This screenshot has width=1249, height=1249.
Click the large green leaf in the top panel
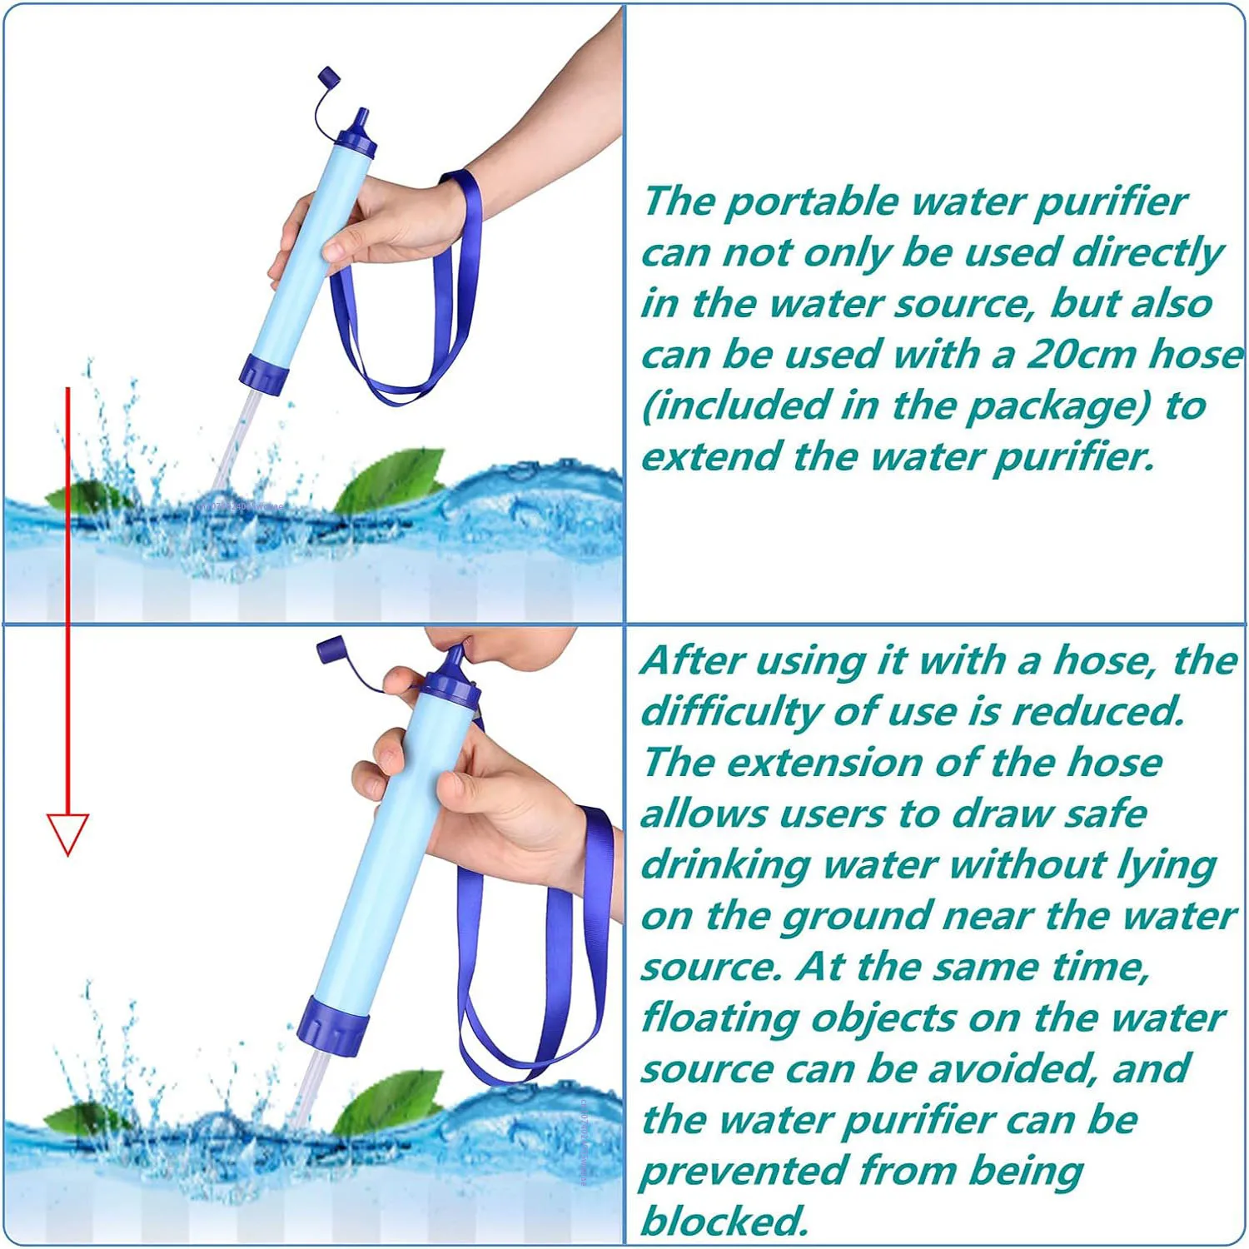point(391,479)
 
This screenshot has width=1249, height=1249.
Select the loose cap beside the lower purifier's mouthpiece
point(330,649)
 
